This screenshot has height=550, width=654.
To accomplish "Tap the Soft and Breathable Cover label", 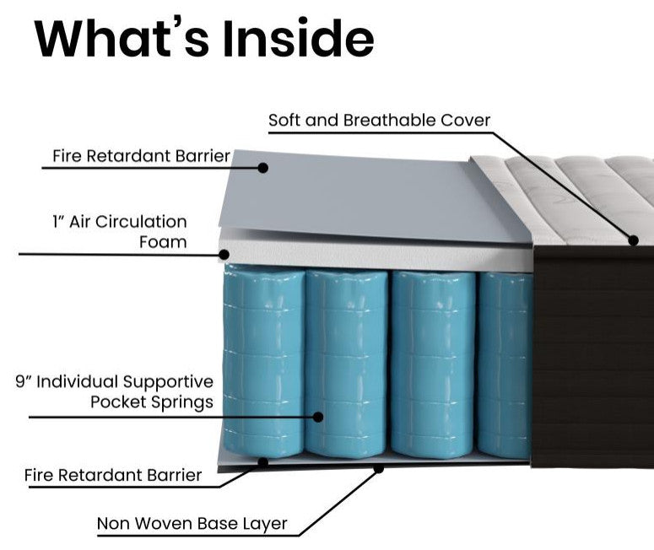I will point(379,120).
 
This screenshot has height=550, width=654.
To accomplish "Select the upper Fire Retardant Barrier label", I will point(141,156).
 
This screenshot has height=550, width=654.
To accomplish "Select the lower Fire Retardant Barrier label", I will point(113,475).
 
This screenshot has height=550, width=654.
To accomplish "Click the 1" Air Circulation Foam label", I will point(118,232).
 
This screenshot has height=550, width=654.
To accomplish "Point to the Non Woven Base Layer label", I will point(192,524).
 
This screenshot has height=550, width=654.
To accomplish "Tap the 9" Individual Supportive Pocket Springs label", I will point(114,391).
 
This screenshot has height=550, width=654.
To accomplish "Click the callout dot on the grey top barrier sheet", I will point(262,168).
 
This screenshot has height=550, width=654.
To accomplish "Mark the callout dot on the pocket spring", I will point(318,416).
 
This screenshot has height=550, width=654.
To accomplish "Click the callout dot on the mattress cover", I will point(633,240).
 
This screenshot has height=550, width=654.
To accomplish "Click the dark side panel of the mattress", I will point(592,354).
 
